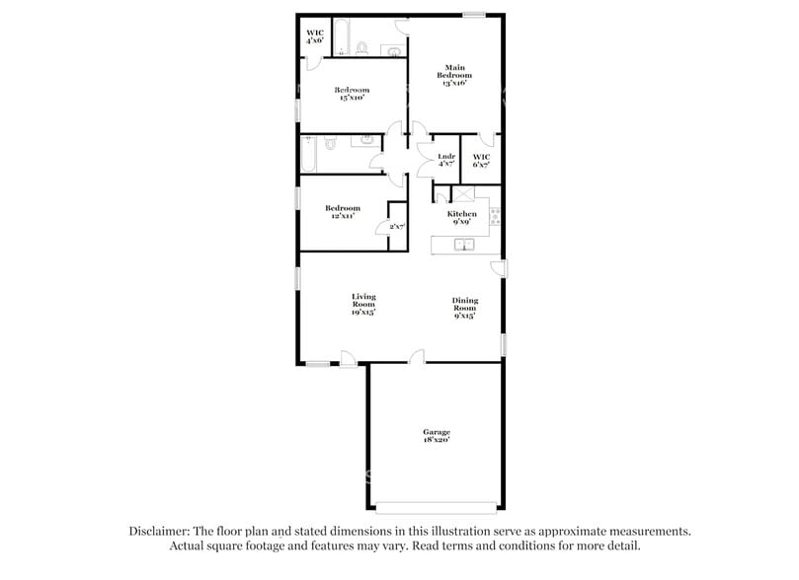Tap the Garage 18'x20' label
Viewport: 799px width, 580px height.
coord(437,437)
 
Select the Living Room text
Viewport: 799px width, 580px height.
coord(363,302)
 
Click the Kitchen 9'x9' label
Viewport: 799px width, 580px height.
coord(462,218)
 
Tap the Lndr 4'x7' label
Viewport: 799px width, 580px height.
coord(446,160)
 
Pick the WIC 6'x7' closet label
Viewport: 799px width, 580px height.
coord(481,160)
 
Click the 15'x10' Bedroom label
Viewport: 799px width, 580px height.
coord(352,94)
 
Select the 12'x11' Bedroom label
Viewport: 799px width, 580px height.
coord(343,212)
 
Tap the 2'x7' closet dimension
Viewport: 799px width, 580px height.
coord(397,227)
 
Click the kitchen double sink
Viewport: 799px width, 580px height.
coord(464,244)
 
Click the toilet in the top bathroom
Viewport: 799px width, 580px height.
coord(363,47)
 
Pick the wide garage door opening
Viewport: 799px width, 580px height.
coord(437,510)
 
